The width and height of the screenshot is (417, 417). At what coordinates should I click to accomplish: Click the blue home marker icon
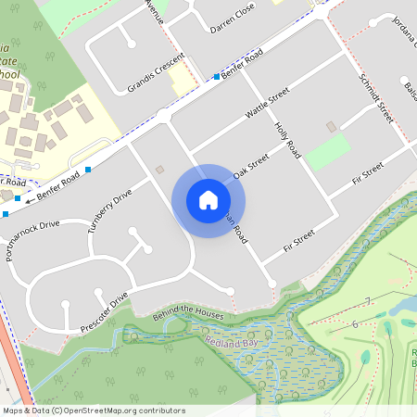click(x=208, y=200)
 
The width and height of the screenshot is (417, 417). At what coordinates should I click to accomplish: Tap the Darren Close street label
click(x=232, y=16)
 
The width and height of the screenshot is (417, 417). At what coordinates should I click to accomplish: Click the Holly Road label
click(x=288, y=138)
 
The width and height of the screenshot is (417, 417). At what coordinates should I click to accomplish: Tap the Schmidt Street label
click(x=376, y=98)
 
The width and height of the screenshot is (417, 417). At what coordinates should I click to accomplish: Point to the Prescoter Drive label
click(x=104, y=312)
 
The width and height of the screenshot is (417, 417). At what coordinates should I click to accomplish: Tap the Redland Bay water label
click(x=227, y=343)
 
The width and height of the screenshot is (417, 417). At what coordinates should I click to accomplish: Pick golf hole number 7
click(x=368, y=301)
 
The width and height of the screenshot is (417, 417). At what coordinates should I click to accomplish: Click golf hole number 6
click(x=355, y=323)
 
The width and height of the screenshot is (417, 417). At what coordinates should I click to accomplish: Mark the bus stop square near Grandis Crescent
click(x=217, y=76)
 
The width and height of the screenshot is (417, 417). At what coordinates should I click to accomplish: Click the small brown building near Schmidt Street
click(x=331, y=126)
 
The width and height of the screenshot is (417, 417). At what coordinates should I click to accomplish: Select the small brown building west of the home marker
click(x=159, y=170)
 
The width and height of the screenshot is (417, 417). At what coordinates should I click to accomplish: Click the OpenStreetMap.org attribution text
click(x=120, y=410)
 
